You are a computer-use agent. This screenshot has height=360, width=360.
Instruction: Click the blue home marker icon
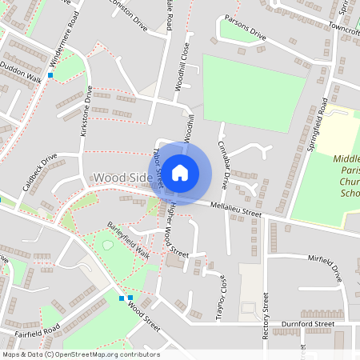(x=180, y=173)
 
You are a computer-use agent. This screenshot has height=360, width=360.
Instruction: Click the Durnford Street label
(x=302, y=325)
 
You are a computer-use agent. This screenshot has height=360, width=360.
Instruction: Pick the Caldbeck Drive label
(x=38, y=171)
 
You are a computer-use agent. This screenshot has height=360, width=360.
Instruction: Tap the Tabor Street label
(x=157, y=168)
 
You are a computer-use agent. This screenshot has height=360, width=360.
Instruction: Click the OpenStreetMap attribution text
(x=81, y=354)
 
